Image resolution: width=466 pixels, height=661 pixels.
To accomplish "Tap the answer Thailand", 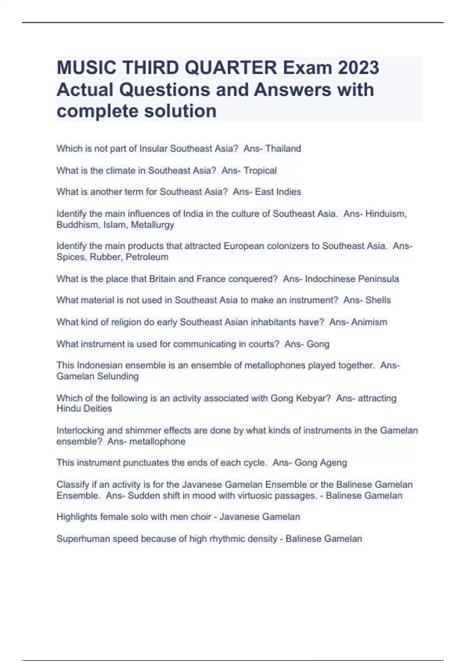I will (x=283, y=149).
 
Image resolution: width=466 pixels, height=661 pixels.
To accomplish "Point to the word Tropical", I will (x=260, y=171).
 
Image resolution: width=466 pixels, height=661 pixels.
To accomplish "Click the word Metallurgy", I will (x=153, y=225).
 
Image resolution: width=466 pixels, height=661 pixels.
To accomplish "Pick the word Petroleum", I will (x=147, y=257).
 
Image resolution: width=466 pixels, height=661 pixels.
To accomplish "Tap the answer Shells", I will (x=378, y=300).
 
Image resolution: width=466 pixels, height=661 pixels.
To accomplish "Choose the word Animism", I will (x=369, y=322).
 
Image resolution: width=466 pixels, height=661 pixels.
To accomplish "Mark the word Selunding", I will (x=118, y=376).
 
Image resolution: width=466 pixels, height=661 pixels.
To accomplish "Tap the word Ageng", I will (x=334, y=463).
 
